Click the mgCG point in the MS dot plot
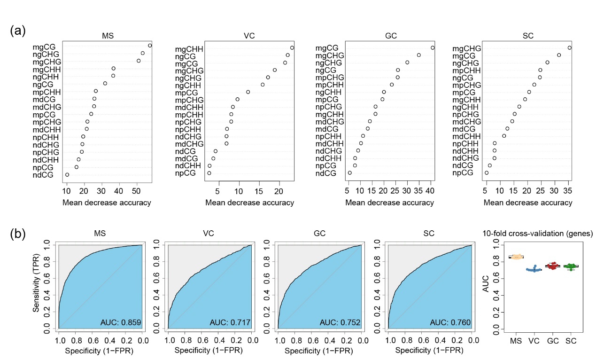point(150,46)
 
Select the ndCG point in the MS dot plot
point(67,174)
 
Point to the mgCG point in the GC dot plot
point(433,47)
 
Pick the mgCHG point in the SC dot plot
point(569,47)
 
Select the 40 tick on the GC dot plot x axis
point(431,191)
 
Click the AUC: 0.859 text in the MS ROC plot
point(121,322)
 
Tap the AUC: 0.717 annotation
point(230,322)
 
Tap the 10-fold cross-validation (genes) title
point(538,234)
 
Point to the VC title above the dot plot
point(249,36)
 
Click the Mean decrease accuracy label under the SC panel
point(528,203)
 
